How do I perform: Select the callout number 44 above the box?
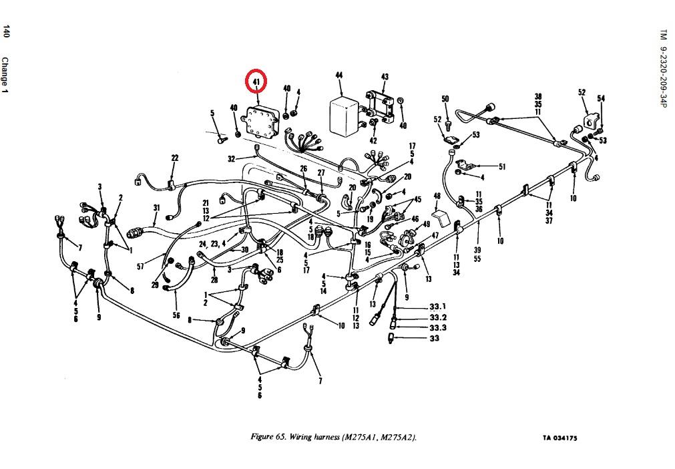click(339, 76)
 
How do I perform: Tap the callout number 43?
click(385, 77)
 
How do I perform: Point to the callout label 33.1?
click(438, 307)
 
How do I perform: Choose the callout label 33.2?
click(438, 317)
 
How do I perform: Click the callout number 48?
click(437, 196)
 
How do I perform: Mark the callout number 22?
click(175, 158)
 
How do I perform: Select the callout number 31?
click(156, 207)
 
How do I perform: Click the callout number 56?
click(176, 315)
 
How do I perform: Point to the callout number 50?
click(445, 100)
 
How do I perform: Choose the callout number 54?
click(601, 98)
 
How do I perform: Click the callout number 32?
click(232, 159)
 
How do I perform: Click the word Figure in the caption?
click(262, 437)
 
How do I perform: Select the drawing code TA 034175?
click(559, 438)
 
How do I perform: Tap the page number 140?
click(7, 31)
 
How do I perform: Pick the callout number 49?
click(426, 224)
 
